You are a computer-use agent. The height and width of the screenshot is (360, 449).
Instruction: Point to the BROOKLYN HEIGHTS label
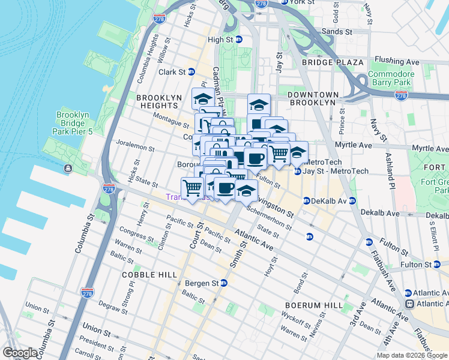coord(159,97)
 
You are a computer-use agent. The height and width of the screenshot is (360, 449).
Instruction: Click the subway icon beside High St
coord(238,40)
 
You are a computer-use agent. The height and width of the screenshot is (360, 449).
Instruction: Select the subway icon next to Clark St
coord(191,72)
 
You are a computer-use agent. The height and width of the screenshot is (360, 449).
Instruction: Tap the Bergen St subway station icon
coord(224,283)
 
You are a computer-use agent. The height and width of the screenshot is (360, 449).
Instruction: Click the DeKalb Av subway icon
coord(306,201)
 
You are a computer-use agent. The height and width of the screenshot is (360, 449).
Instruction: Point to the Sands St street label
coord(336,31)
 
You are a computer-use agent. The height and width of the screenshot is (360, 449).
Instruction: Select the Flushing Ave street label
coord(396,61)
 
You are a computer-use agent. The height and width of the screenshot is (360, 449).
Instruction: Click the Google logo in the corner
coord(20,353)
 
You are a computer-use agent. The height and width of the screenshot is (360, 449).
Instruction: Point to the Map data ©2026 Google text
coord(412,355)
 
